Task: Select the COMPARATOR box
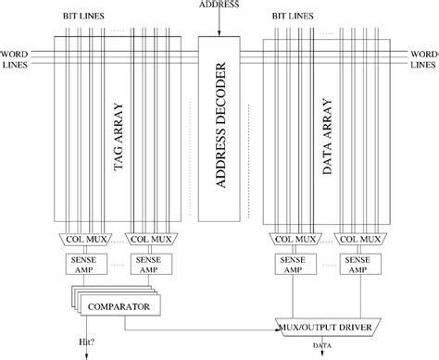117,306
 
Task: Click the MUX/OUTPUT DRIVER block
331,327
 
